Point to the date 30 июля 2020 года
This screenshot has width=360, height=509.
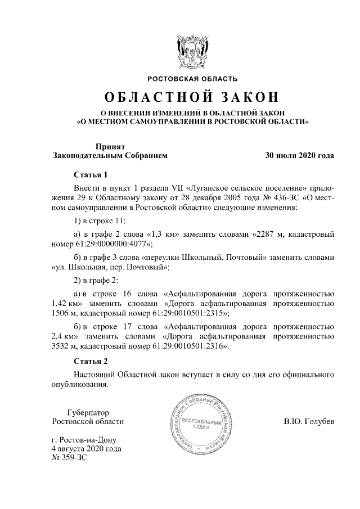tap(300, 155)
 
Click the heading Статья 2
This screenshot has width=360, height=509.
tap(91, 361)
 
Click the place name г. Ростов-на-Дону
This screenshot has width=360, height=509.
tap(85, 440)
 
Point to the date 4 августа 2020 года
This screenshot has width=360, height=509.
tap(86, 449)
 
